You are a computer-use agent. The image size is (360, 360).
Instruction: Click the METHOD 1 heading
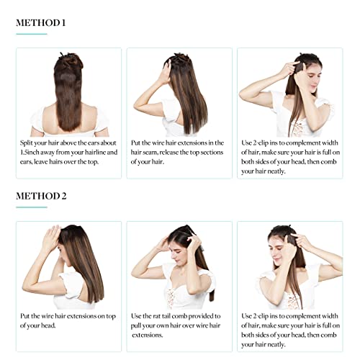tap(41, 23)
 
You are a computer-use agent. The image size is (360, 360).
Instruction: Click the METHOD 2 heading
tap(41, 196)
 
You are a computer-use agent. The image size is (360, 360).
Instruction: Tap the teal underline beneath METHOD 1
tap(32, 34)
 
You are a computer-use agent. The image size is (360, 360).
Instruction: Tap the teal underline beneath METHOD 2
tap(32, 207)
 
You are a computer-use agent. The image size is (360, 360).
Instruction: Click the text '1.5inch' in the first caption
tap(30, 153)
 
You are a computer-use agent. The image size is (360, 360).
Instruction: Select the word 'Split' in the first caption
tap(26, 143)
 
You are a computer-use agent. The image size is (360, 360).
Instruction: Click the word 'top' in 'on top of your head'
tap(111, 317)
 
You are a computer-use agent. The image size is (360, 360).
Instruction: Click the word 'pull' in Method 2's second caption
tap(136, 326)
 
